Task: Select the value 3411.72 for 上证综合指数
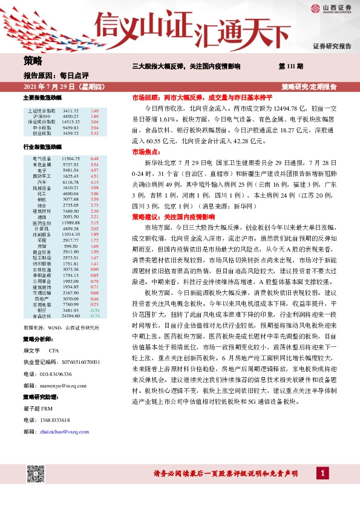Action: point(70,111)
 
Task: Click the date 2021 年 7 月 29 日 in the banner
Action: point(52,87)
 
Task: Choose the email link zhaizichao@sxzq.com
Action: point(65,432)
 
